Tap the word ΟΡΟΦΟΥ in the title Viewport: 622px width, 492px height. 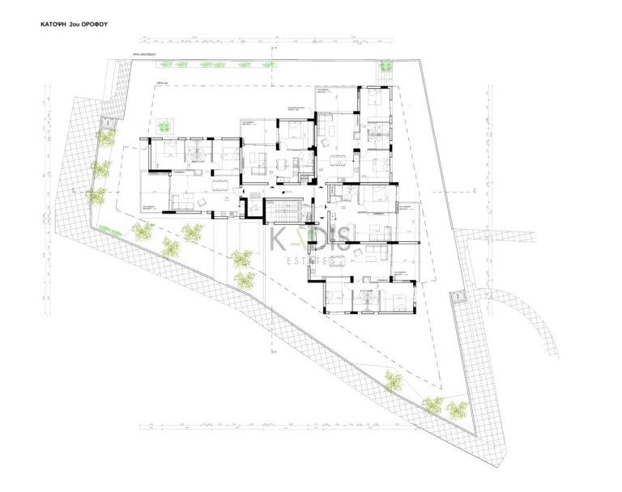(x=94, y=25)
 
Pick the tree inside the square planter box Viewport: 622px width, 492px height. (x=164, y=125)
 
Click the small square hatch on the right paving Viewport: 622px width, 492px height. (x=461, y=298)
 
